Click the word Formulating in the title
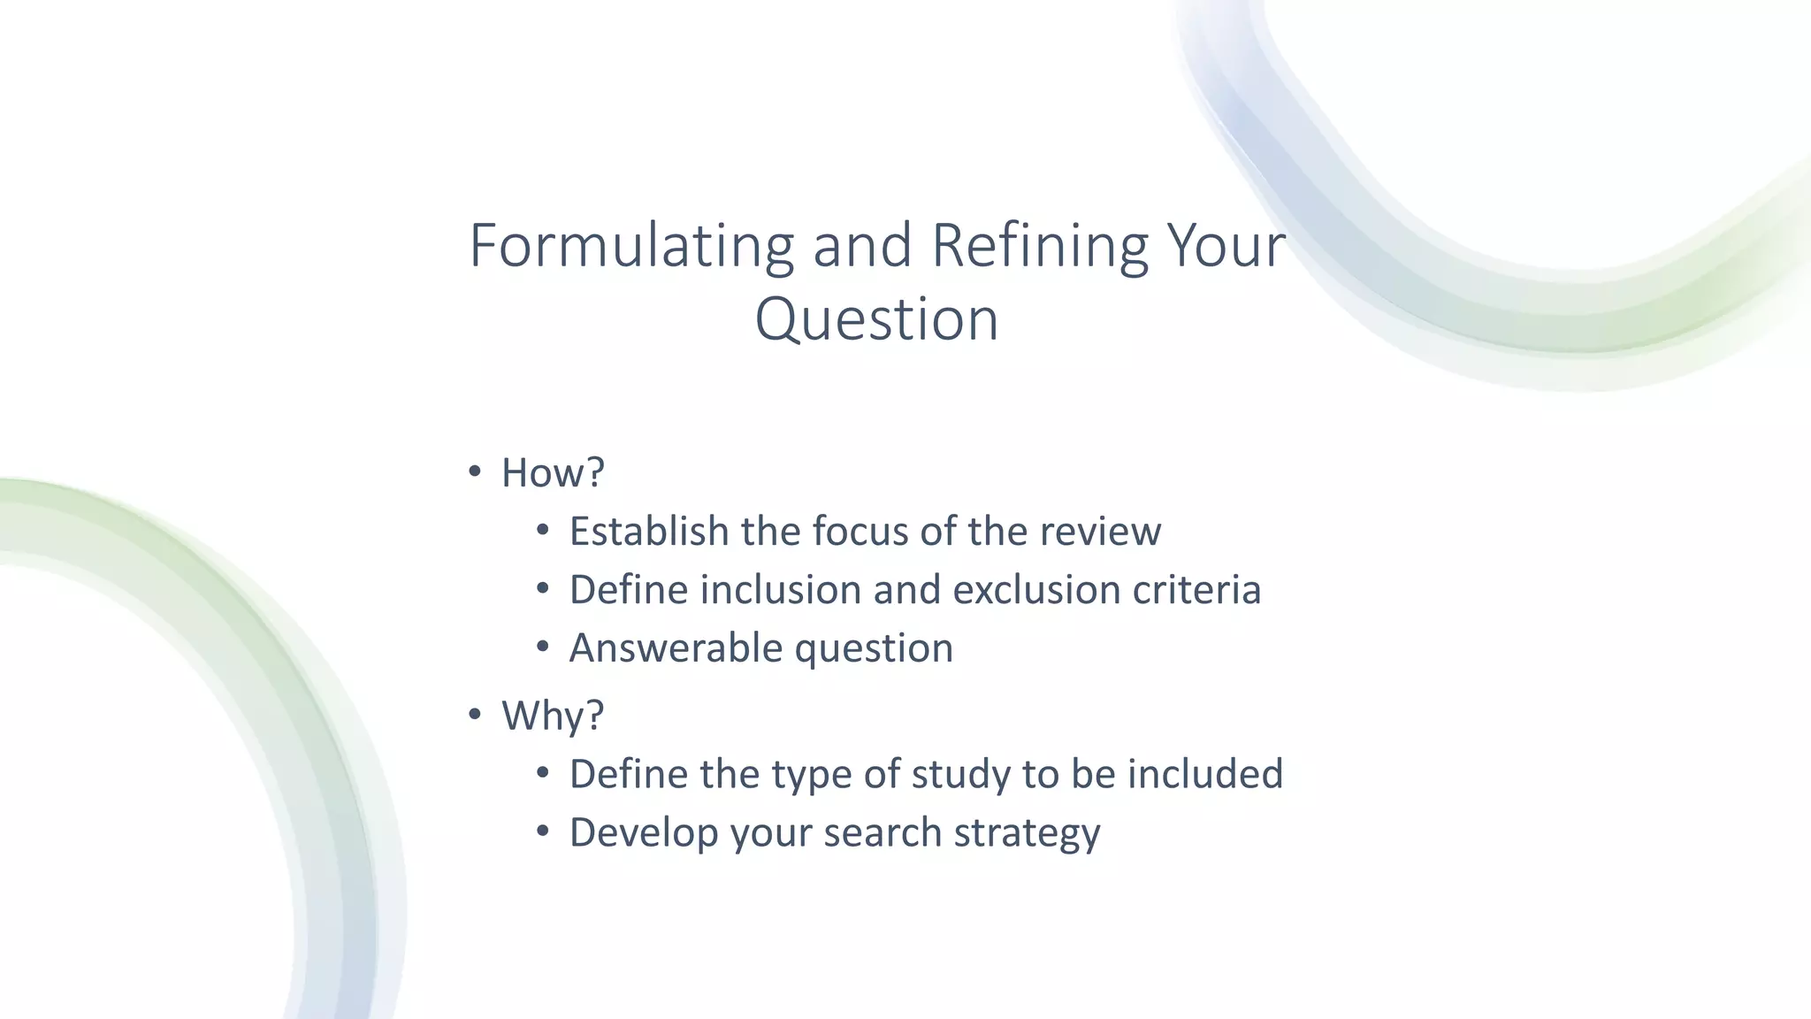click(631, 247)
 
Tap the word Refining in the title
click(1039, 247)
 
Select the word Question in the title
click(876, 320)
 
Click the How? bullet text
click(553, 473)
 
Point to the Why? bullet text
click(553, 716)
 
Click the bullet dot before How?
click(475, 471)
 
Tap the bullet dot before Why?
click(475, 713)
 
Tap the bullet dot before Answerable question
click(543, 647)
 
